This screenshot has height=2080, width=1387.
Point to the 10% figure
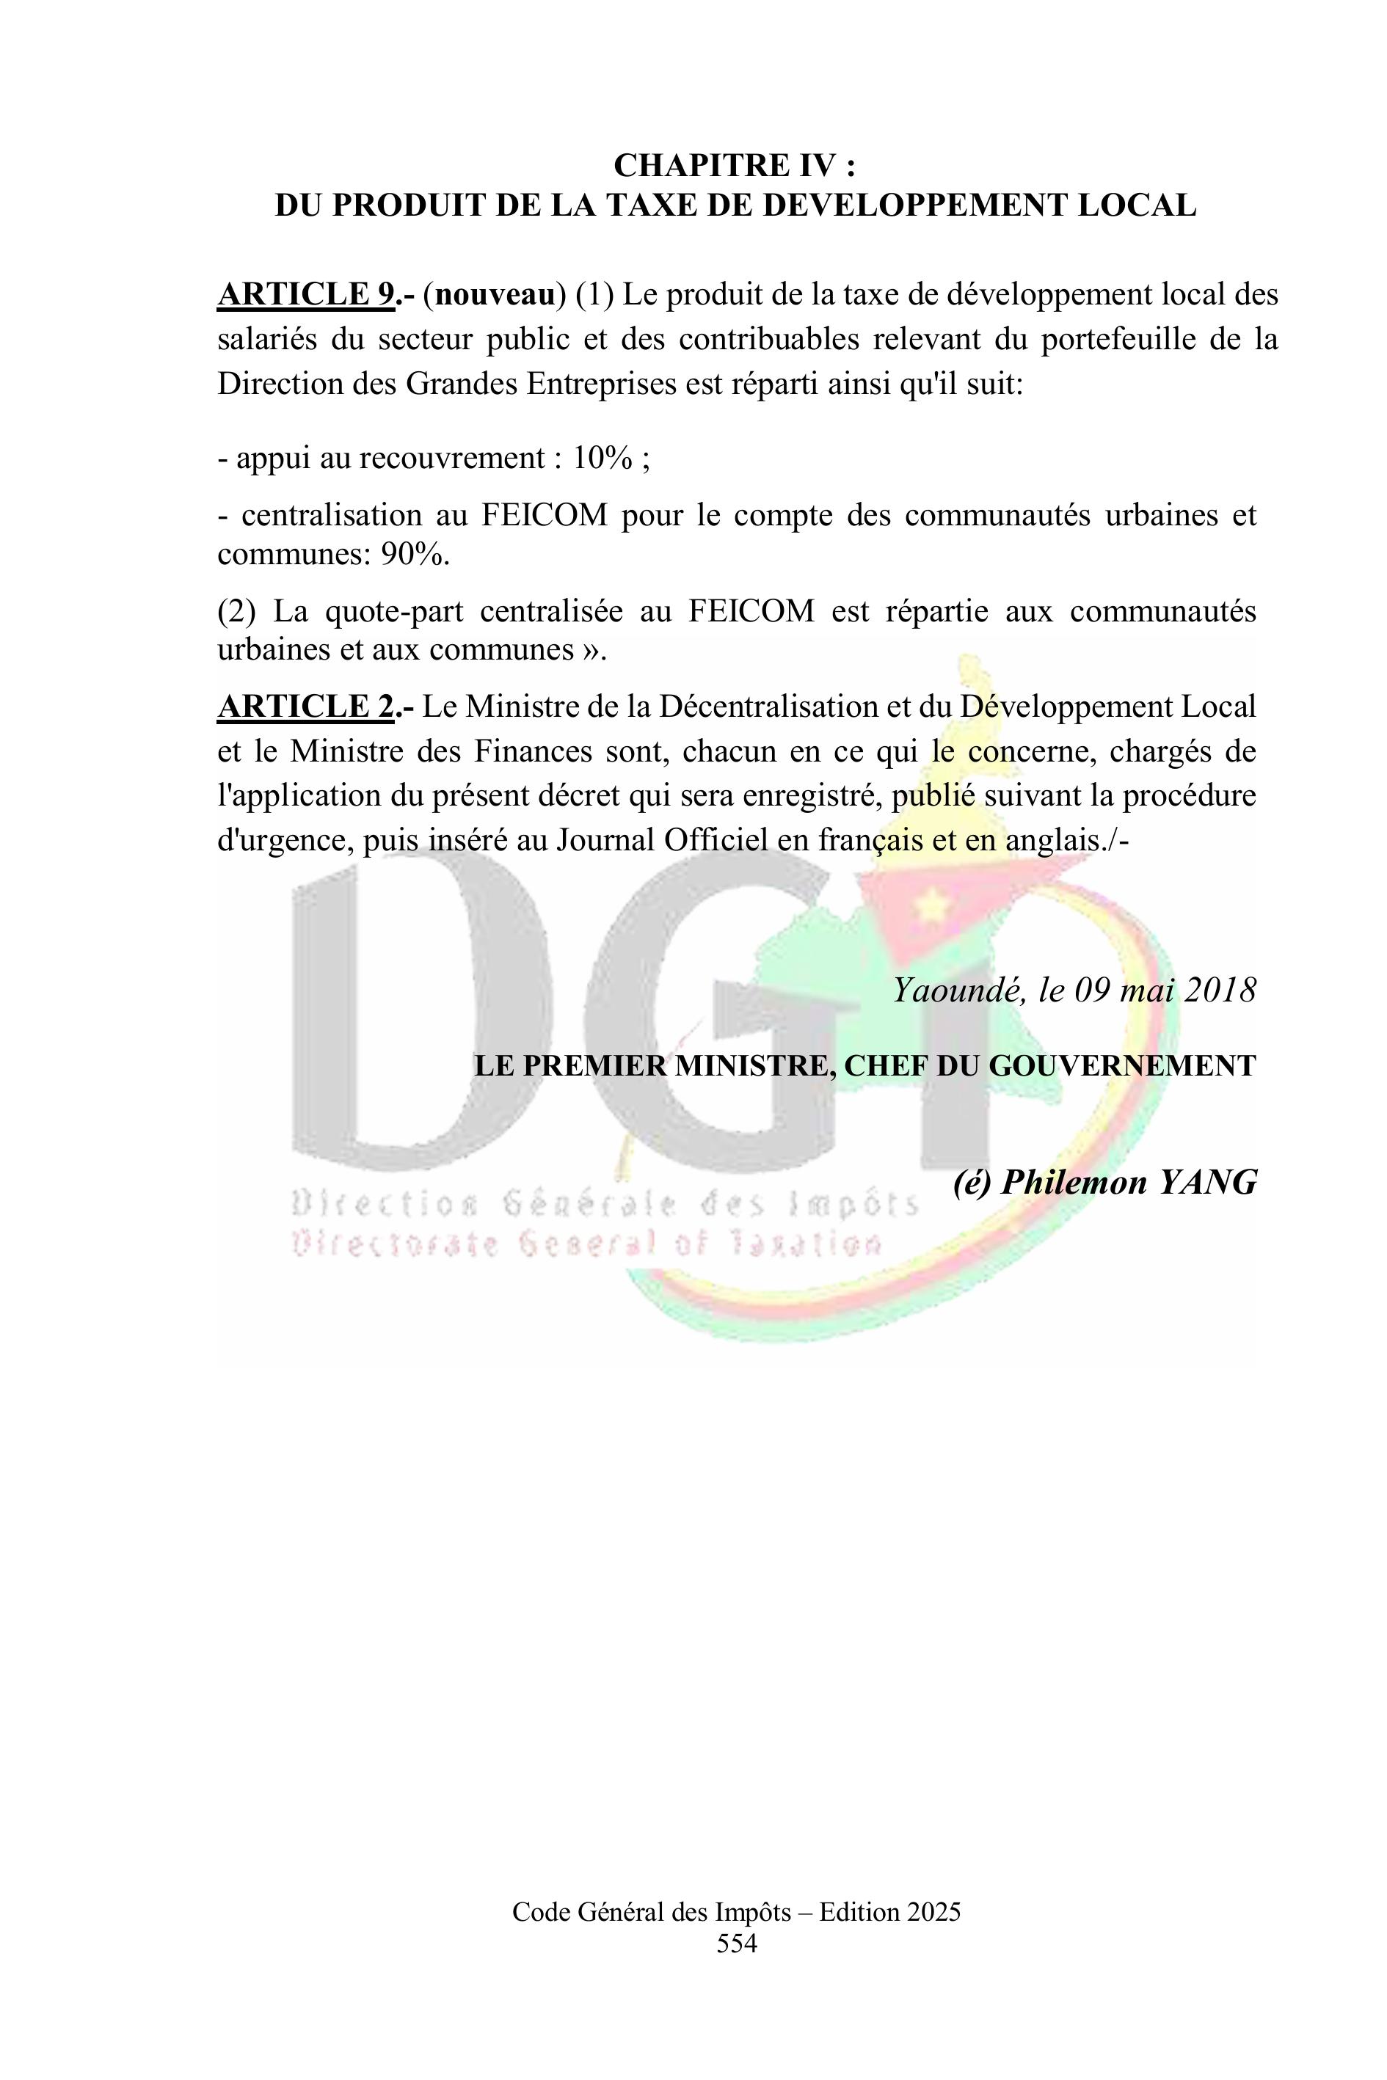603,458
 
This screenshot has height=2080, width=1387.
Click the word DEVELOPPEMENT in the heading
911,205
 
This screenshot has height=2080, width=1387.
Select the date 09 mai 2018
1165,990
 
